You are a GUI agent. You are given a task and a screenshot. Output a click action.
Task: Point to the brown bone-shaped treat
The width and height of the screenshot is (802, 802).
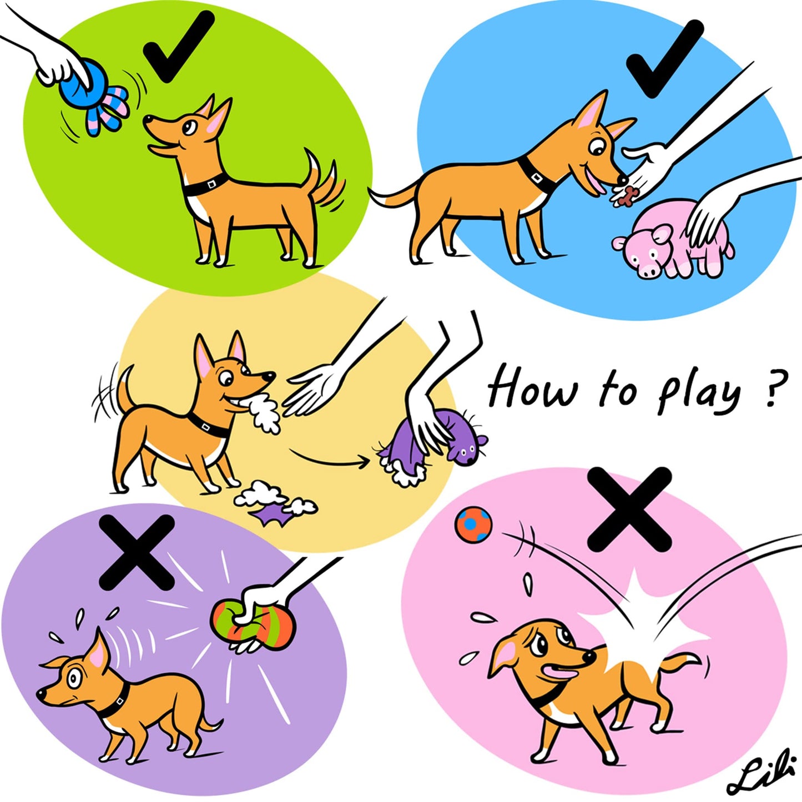pos(628,195)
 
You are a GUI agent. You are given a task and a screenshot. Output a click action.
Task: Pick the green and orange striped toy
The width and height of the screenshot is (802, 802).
pos(253,624)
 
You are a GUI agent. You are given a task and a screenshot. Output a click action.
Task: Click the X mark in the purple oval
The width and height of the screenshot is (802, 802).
pos(137,552)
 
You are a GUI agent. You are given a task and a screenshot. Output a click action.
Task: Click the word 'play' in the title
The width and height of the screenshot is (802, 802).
pos(699,394)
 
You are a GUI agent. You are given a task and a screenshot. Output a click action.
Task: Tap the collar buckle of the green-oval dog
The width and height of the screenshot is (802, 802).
pos(211,183)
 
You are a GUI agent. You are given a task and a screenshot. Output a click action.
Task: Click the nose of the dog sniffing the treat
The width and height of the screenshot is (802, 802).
pos(623,180)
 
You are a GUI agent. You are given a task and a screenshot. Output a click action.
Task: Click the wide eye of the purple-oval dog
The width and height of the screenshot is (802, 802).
pos(75,678)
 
